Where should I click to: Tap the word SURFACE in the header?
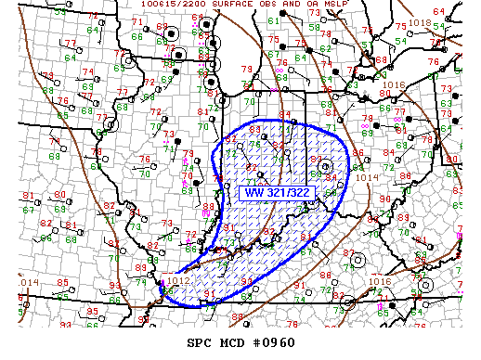point(225,4)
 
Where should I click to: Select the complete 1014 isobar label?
point(367,177)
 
